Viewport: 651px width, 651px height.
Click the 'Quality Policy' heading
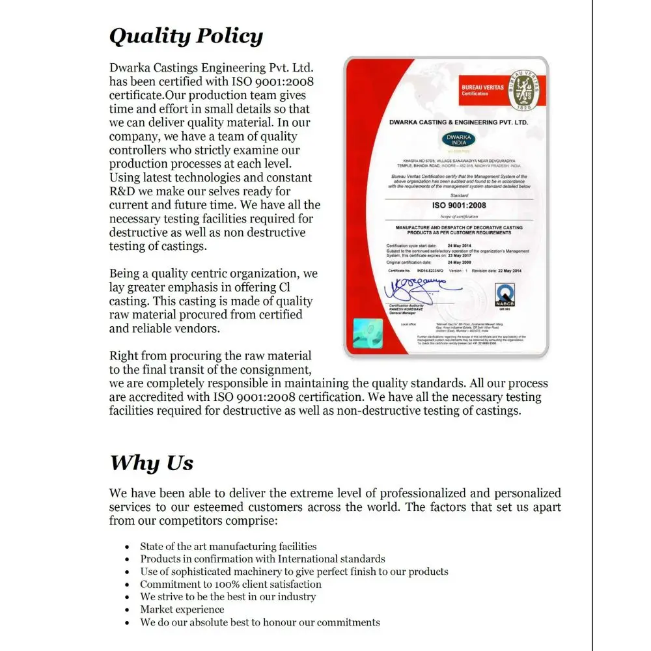186,36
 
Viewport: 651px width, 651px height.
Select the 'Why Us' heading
151,463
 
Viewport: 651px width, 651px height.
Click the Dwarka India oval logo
459,140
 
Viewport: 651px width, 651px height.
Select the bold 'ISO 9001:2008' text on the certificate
459,205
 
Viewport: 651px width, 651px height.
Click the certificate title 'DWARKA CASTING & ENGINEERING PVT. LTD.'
459,122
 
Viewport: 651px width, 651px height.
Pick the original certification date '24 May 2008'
460,262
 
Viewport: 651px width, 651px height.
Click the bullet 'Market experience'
182,609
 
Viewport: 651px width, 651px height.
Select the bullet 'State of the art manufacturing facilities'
229,546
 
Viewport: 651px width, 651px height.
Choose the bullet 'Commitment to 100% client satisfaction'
231,584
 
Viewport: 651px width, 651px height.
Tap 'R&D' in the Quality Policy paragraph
122,191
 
